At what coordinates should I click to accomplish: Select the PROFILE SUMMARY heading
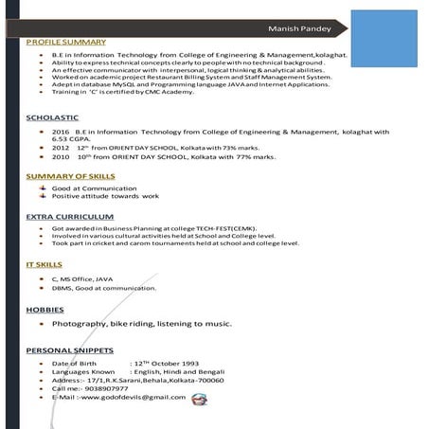point(65,43)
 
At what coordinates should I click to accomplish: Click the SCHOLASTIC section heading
point(52,116)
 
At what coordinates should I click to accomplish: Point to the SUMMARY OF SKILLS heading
point(70,177)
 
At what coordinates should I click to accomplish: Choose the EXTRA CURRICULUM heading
point(70,217)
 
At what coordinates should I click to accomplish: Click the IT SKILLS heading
point(44,264)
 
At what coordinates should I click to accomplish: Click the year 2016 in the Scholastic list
point(61,131)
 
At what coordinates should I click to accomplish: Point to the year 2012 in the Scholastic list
point(61,148)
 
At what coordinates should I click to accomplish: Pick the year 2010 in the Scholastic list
point(61,157)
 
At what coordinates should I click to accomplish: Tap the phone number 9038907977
point(105,388)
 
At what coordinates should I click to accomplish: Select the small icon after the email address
point(198,399)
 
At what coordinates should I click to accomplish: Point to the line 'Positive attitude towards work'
point(105,196)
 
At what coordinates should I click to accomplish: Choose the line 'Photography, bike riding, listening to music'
point(141,324)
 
